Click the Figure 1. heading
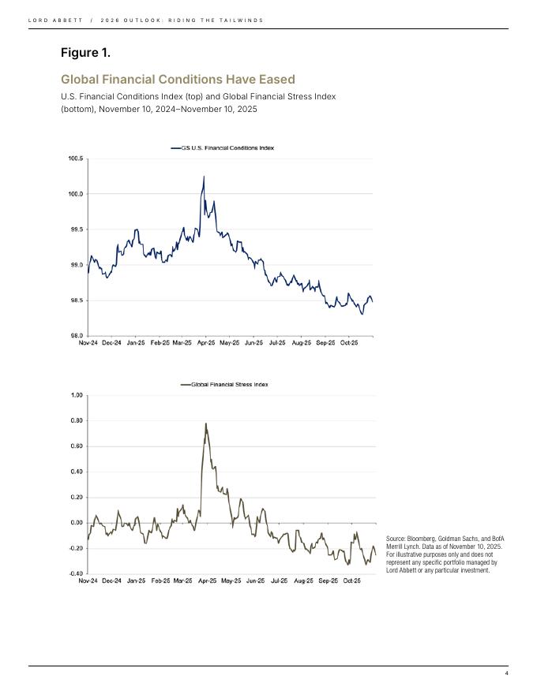coord(85,53)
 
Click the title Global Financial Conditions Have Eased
coord(178,80)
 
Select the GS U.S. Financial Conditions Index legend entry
coord(228,147)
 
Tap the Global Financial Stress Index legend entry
coord(229,384)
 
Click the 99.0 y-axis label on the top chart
coord(76,265)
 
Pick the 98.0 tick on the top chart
coord(76,336)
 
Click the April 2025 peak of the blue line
coord(204,177)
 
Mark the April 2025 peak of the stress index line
coord(206,423)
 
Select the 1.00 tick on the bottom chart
coord(76,395)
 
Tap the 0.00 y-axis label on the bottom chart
coord(76,523)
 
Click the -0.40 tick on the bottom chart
coord(75,573)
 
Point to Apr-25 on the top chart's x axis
coord(206,343)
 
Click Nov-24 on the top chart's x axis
coord(88,343)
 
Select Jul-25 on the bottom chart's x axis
coord(278,580)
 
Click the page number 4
coord(506,673)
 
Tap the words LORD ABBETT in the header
coord(50,20)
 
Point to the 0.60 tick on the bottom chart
coord(76,446)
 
